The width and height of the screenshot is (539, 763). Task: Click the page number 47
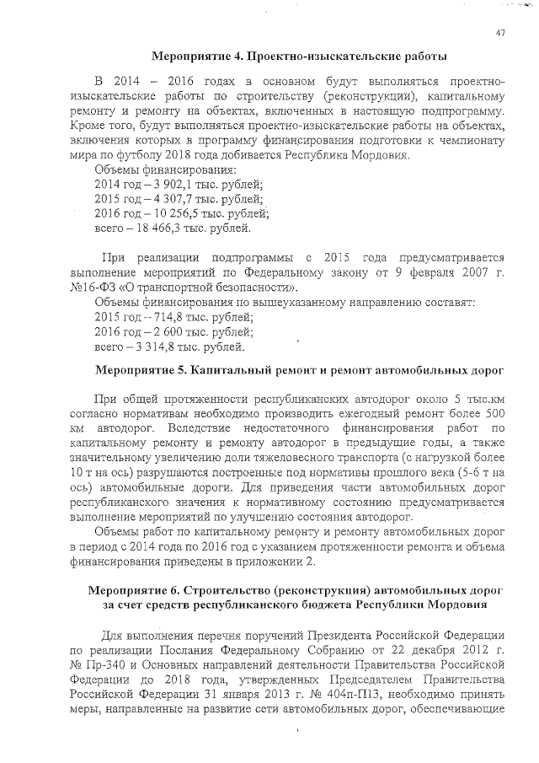[500, 33]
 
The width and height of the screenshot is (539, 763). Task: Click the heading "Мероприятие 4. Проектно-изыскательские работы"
[298, 56]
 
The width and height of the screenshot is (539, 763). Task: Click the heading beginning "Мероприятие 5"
[300, 370]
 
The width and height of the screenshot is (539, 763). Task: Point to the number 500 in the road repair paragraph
[492, 413]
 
